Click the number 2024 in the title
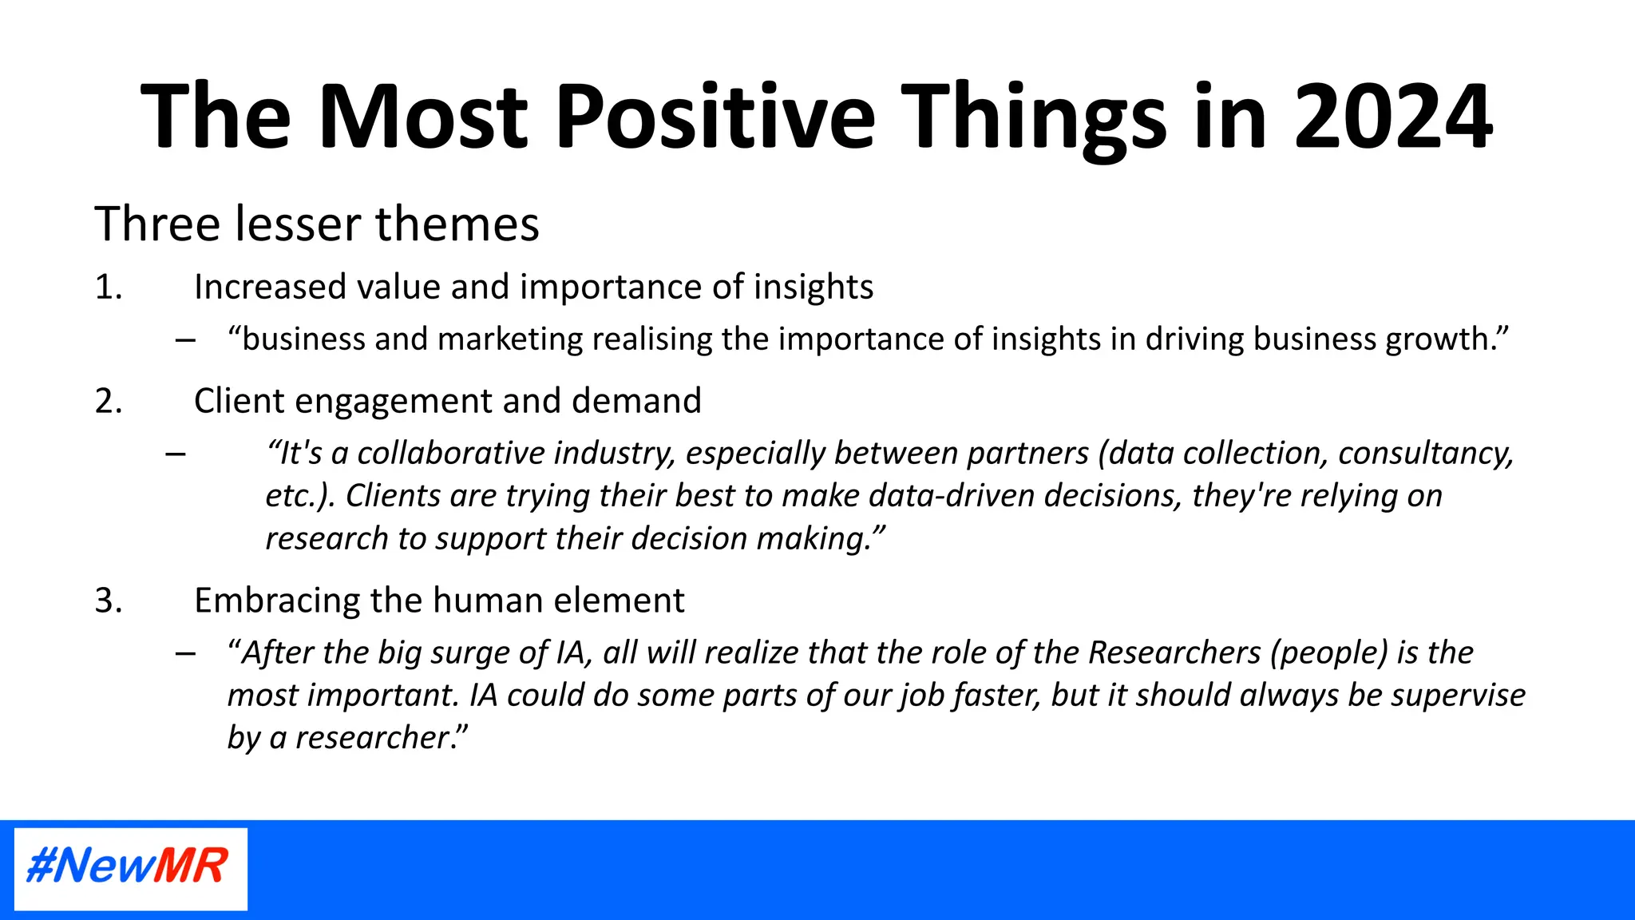pos(1392,117)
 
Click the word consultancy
pos(1425,454)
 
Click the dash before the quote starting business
pos(185,341)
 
